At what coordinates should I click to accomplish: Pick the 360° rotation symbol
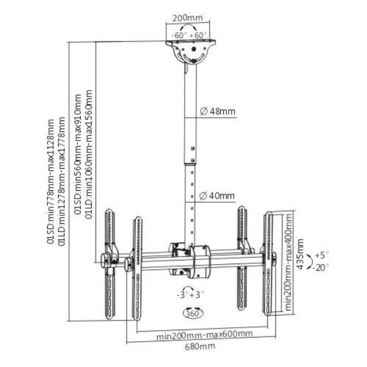pyautogui.click(x=193, y=313)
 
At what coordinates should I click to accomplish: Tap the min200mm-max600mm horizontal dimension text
pyautogui.click(x=203, y=334)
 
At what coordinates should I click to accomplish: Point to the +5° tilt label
pyautogui.click(x=322, y=254)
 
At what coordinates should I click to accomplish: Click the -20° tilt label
pyautogui.click(x=322, y=267)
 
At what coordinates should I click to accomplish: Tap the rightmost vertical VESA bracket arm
pyautogui.click(x=270, y=263)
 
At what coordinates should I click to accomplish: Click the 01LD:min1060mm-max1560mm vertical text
pyautogui.click(x=89, y=153)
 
